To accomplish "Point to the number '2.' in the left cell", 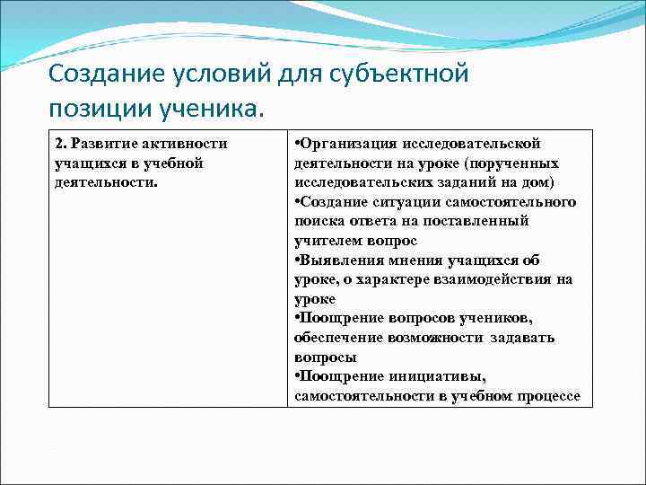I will click(61, 144).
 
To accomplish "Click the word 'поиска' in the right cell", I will click(316, 221).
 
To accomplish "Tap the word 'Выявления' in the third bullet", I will click(339, 260).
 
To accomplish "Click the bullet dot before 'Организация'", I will click(296, 144).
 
